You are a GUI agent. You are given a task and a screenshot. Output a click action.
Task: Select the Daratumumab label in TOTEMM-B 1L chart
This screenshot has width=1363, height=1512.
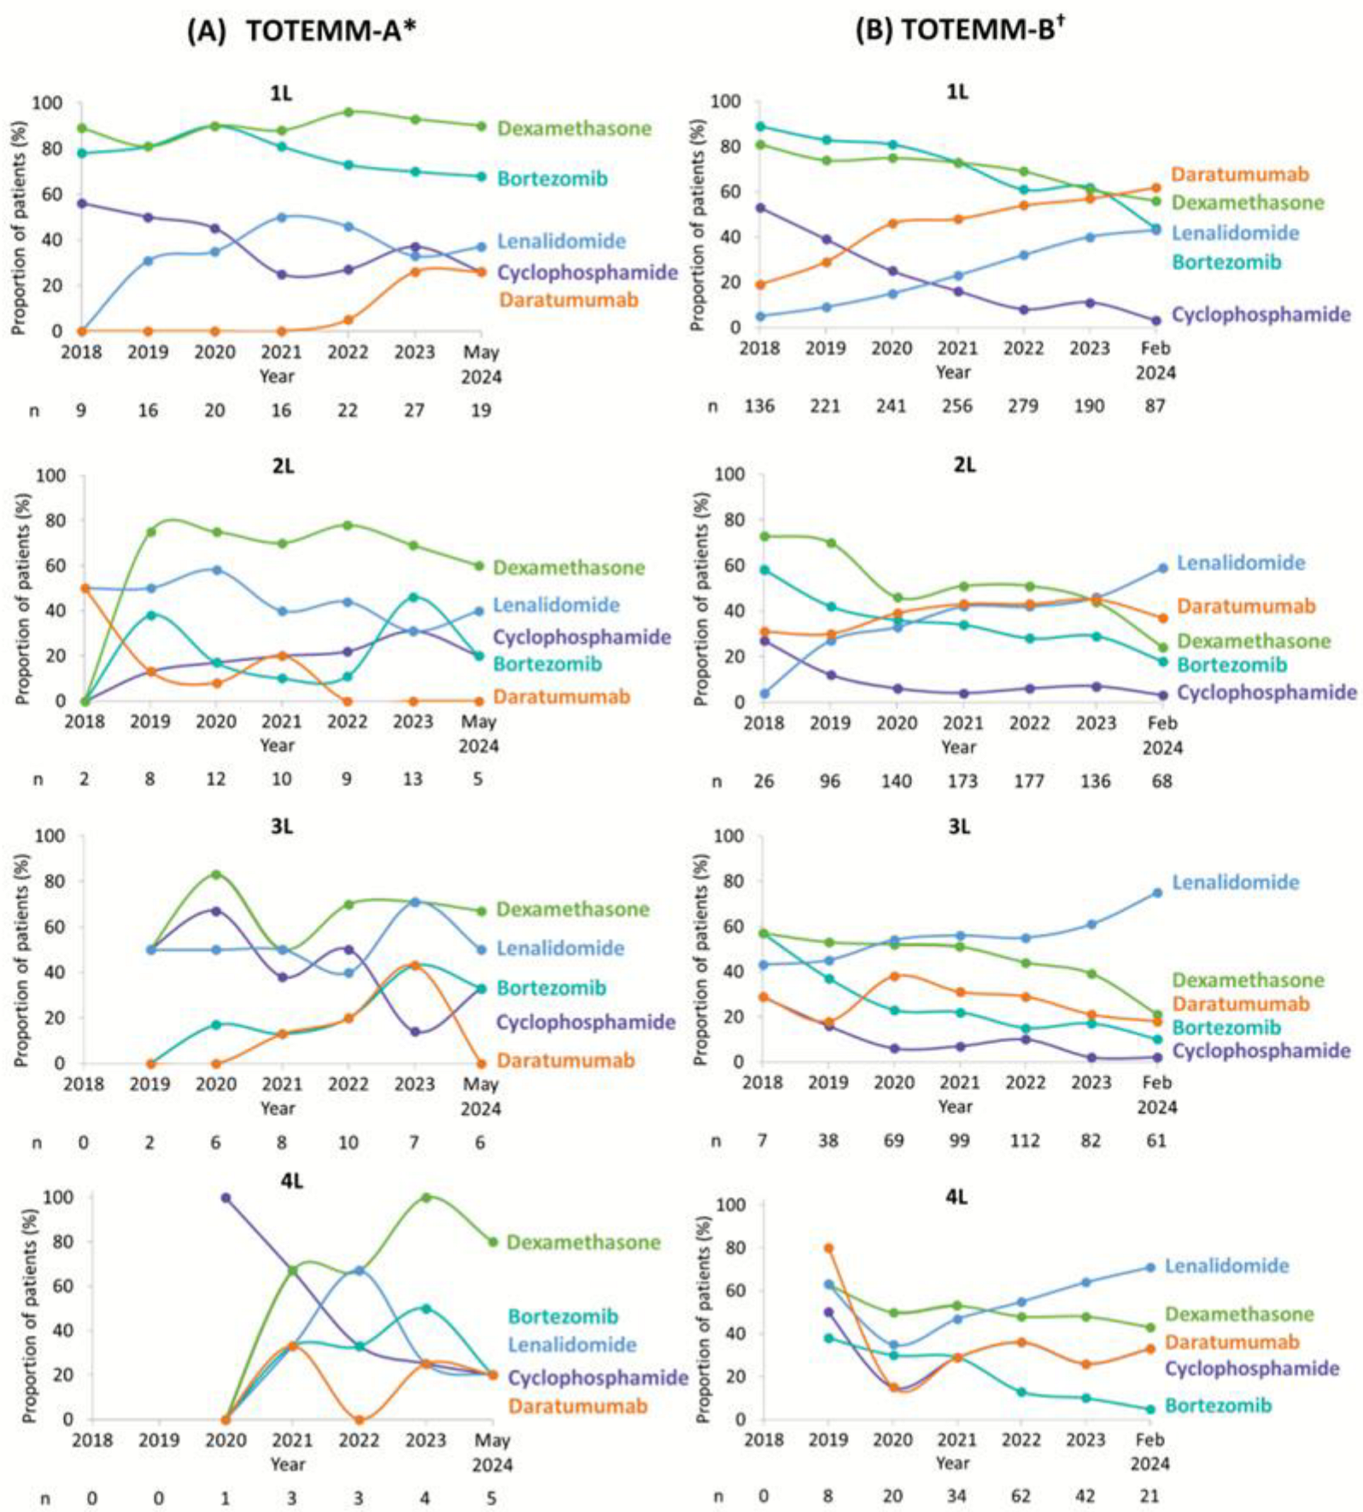(1239, 174)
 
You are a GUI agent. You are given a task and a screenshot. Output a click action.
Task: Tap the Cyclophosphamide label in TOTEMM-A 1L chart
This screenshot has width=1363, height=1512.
(587, 272)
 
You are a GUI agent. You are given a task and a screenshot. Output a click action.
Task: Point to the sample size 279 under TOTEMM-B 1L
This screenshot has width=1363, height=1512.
(1023, 406)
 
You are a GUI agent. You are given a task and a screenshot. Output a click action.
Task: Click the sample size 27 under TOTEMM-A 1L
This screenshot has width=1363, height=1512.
(414, 410)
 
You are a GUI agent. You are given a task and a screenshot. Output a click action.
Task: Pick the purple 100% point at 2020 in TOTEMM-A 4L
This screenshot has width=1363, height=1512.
(225, 1198)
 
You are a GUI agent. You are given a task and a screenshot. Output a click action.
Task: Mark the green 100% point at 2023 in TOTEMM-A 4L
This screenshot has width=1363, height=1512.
(425, 1197)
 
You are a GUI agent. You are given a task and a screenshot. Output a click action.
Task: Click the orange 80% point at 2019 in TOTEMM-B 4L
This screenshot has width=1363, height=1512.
(828, 1248)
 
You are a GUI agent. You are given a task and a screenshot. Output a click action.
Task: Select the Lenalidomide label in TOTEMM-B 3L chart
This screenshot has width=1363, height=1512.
(1235, 882)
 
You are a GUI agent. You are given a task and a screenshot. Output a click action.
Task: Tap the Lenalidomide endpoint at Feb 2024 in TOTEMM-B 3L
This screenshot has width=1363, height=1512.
(1157, 892)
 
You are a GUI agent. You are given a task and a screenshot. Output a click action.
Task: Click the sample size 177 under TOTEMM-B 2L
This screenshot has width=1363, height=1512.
(1029, 780)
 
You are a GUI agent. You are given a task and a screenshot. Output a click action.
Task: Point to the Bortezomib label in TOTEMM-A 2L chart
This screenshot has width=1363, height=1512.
(547, 663)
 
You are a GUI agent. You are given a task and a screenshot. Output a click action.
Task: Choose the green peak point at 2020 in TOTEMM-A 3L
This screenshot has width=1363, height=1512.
(216, 874)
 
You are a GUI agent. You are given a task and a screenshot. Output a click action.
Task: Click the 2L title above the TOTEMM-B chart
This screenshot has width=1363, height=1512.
(964, 464)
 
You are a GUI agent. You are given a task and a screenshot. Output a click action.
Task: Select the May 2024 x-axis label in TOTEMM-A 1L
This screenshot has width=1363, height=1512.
(481, 364)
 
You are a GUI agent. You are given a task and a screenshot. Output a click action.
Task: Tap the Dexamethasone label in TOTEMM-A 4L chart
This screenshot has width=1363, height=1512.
(583, 1242)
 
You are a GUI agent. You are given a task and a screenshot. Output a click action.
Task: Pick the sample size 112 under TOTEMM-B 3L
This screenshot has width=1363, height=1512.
(1026, 1140)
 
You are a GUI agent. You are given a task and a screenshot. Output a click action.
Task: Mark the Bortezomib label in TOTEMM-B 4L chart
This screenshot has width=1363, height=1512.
(1218, 1405)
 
